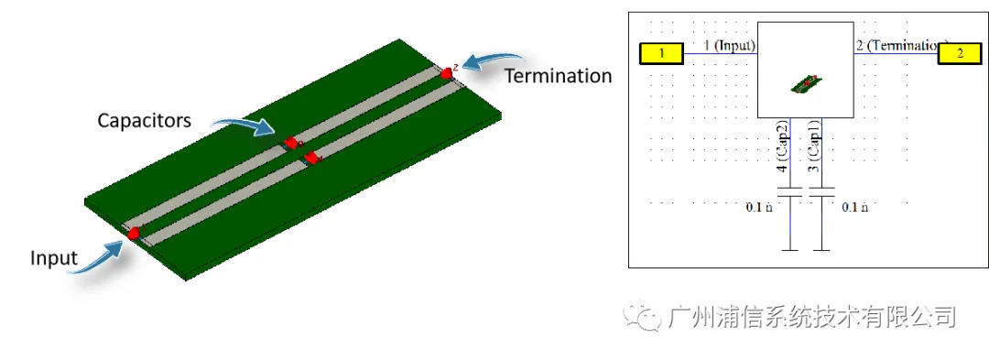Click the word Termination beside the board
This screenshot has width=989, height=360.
point(559,76)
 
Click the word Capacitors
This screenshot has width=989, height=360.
point(145,120)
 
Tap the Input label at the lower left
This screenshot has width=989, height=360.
point(54,258)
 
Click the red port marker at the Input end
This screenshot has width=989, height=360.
point(135,234)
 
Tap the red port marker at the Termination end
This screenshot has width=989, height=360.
point(447,73)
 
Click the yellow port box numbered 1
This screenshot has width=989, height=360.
point(662,54)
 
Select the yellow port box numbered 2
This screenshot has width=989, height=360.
point(960,54)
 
